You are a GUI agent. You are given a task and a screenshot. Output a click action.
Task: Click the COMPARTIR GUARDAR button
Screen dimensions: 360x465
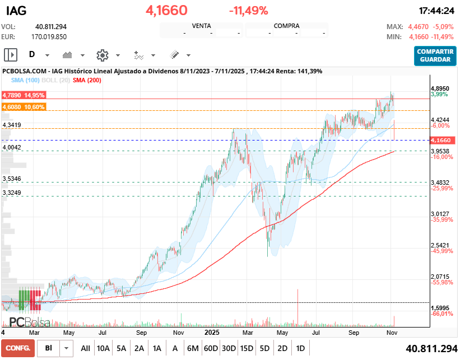pyautogui.click(x=435, y=55)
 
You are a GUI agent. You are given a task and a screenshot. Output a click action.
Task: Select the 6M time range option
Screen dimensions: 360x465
pyautogui.click(x=193, y=348)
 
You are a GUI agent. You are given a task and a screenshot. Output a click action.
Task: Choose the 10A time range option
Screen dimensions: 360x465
pyautogui.click(x=103, y=348)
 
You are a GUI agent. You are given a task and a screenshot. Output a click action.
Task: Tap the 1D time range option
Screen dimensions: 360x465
pyautogui.click(x=300, y=348)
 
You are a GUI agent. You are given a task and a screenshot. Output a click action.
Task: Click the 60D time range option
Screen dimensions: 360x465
pyautogui.click(x=211, y=348)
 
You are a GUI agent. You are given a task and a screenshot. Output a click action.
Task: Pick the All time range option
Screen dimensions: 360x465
pyautogui.click(x=85, y=348)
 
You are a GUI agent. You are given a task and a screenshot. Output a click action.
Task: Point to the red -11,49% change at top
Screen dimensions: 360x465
pyautogui.click(x=248, y=11)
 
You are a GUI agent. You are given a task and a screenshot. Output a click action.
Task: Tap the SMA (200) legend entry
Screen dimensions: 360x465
pyautogui.click(x=87, y=81)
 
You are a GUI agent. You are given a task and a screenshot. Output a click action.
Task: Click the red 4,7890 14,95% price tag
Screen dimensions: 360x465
pyautogui.click(x=23, y=96)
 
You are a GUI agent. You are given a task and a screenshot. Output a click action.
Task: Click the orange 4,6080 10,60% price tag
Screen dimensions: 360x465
pyautogui.click(x=23, y=106)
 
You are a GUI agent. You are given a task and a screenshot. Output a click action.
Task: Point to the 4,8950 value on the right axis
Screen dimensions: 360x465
pyautogui.click(x=440, y=88)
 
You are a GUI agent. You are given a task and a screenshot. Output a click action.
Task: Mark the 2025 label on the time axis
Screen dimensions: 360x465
pyautogui.click(x=211, y=332)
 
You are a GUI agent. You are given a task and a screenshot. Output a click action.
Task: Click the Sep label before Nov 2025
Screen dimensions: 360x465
pyautogui.click(x=354, y=332)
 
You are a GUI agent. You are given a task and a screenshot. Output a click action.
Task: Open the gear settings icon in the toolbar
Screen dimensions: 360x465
pyautogui.click(x=102, y=55)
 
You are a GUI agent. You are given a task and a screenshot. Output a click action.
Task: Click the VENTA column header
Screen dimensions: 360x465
pyautogui.click(x=201, y=26)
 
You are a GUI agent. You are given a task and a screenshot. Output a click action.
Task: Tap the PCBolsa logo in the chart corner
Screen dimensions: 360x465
pyautogui.click(x=29, y=322)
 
